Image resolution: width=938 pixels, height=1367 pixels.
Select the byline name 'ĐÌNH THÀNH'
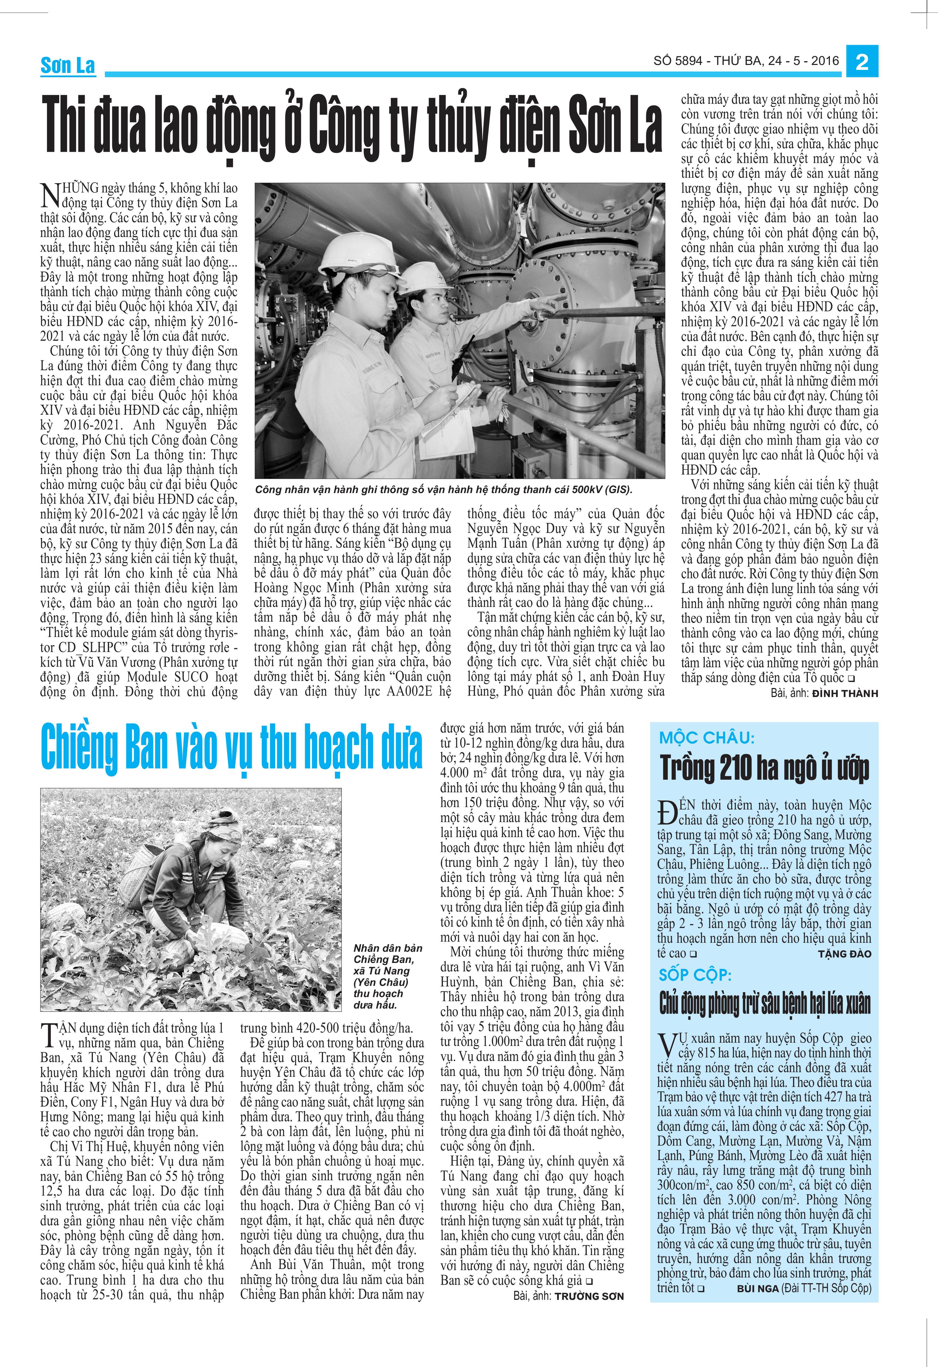click(x=845, y=693)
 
